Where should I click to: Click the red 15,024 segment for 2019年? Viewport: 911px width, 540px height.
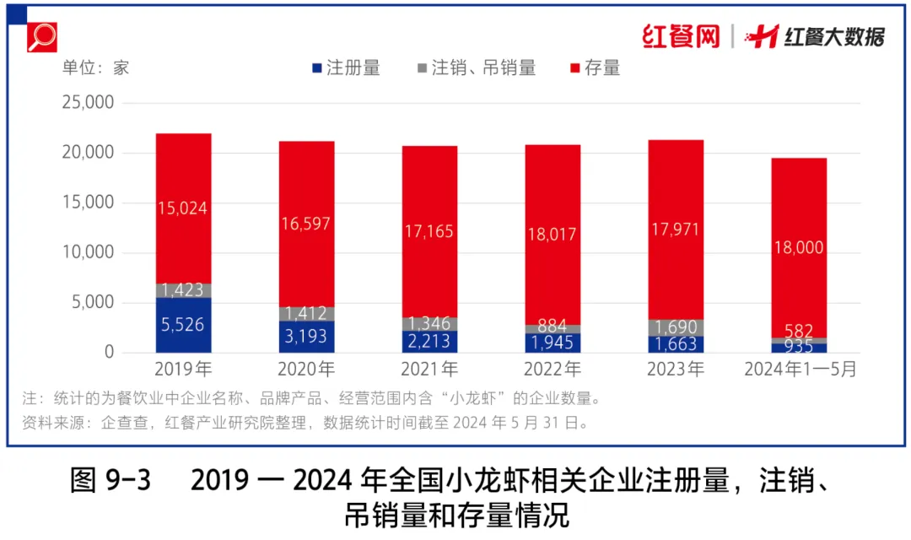tap(183, 208)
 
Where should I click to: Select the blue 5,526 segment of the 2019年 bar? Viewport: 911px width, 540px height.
tap(183, 325)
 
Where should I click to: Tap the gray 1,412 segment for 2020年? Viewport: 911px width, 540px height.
tap(306, 314)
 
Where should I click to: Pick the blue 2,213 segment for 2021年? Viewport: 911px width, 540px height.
tap(429, 342)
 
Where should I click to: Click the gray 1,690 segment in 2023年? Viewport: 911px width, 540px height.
tap(676, 327)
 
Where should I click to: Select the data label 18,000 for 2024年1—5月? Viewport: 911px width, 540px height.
tap(799, 247)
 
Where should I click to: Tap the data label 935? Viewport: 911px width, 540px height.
tap(799, 347)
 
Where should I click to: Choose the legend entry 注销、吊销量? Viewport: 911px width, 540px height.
tap(476, 68)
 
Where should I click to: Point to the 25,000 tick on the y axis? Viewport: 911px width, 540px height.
tap(88, 103)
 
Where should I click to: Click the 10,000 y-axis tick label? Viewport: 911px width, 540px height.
tap(88, 253)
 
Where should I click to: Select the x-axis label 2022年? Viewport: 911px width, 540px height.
tap(553, 370)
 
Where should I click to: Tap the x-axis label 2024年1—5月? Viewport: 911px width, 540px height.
tap(799, 370)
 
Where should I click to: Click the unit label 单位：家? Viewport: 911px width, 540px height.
tap(95, 68)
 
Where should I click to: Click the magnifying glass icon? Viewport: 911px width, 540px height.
tap(40, 36)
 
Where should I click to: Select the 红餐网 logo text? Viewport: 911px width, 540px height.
tap(681, 36)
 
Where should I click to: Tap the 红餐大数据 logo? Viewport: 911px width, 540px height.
tap(818, 36)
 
